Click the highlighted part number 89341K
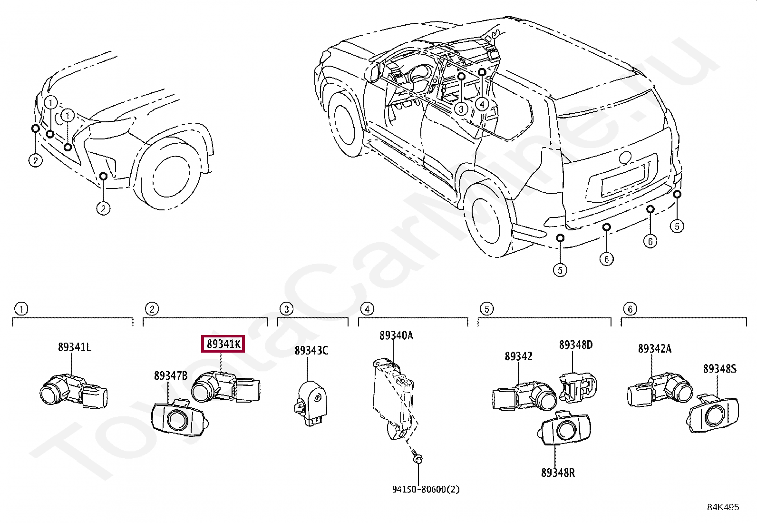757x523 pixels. pyautogui.click(x=223, y=344)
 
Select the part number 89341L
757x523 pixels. pyautogui.click(x=74, y=347)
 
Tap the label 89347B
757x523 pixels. pyautogui.click(x=170, y=376)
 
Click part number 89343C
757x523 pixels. pyautogui.click(x=311, y=351)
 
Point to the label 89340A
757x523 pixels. pyautogui.click(x=396, y=336)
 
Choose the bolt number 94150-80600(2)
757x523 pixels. pyautogui.click(x=426, y=489)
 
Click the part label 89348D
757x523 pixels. pyautogui.click(x=575, y=345)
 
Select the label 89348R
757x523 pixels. pyautogui.click(x=558, y=473)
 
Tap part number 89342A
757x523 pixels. pyautogui.click(x=654, y=349)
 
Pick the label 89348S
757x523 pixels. pyautogui.click(x=719, y=369)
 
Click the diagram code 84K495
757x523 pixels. pyautogui.click(x=723, y=507)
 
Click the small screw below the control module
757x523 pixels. pyautogui.click(x=417, y=458)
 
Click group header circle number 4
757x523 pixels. pyautogui.click(x=367, y=309)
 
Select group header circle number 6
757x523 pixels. pyautogui.click(x=630, y=309)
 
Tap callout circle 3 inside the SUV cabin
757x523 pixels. pyautogui.click(x=461, y=109)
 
